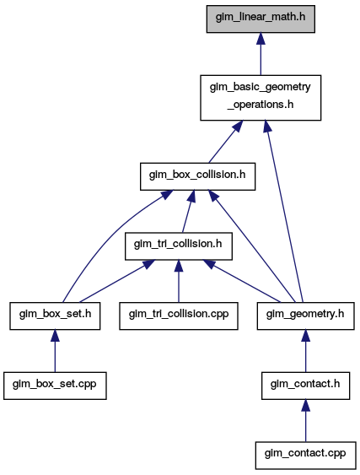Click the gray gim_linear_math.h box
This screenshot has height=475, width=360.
[261, 19]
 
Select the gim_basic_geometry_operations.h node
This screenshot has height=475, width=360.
[261, 98]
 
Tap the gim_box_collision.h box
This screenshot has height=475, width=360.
[198, 176]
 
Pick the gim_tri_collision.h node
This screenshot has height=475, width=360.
[179, 246]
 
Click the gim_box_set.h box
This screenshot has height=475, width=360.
[55, 316]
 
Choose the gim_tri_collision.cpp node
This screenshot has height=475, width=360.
[179, 316]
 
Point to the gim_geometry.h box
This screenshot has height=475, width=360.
[305, 316]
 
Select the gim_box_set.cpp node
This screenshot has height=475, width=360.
[55, 386]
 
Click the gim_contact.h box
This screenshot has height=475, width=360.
[305, 386]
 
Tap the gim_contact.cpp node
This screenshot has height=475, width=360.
[305, 456]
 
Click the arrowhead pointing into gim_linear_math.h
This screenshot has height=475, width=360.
[261, 39]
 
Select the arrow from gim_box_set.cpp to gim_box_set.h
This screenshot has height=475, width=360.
[55, 351]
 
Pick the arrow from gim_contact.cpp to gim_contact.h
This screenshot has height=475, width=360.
[305, 420]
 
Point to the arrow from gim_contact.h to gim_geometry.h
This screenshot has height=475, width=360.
[305, 351]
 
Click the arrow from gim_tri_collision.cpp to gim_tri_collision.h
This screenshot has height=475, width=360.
[179, 281]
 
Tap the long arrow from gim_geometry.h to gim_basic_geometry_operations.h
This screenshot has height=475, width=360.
[284, 212]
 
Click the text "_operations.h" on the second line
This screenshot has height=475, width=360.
[261, 105]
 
